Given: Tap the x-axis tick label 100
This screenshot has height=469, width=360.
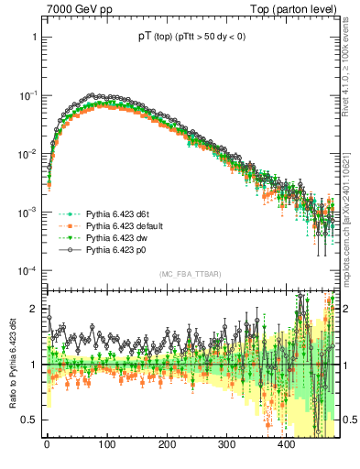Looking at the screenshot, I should pos(106,445).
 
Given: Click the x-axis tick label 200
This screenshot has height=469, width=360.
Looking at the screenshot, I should pos(166,445).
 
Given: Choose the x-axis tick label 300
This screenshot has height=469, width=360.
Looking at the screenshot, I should pos(226,445).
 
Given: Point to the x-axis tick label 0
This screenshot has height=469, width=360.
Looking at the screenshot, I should pos(47,445).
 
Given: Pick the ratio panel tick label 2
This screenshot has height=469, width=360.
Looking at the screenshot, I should pos(35,309).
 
